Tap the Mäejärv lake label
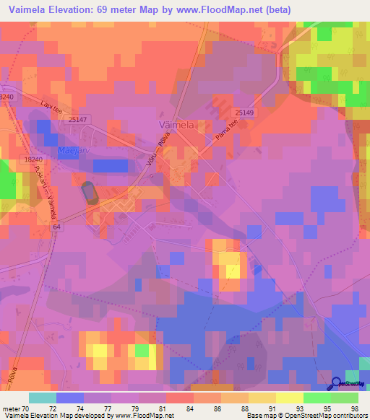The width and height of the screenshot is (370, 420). point(69,150)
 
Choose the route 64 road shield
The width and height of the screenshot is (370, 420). point(56,227)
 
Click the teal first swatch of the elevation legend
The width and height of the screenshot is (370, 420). point(43,398)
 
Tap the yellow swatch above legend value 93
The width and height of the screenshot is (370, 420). point(289,398)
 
